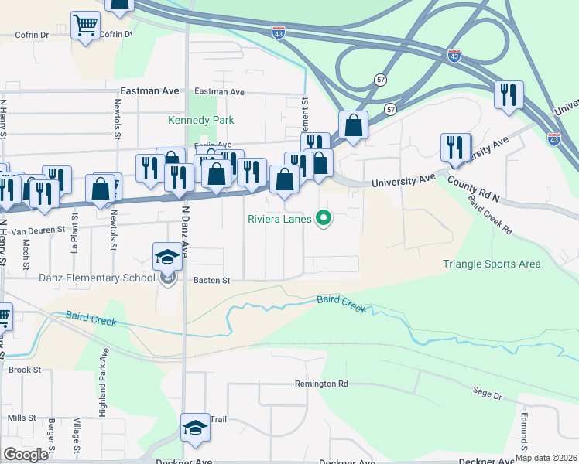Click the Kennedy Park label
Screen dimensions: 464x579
[x=201, y=120]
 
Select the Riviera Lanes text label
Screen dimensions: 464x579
[x=279, y=219]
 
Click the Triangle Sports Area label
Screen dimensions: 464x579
[x=492, y=264]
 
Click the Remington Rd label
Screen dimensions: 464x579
[x=321, y=384]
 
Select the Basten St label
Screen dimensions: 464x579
[x=212, y=281]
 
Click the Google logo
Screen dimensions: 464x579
[x=26, y=455]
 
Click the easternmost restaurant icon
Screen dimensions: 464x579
[x=509, y=94]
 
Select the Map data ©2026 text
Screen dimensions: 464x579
[x=545, y=458]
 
